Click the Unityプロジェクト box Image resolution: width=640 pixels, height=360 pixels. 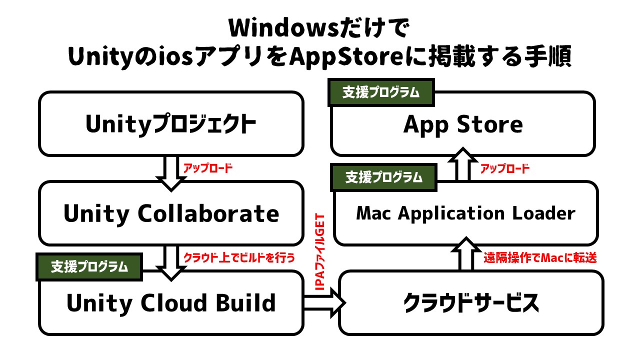171,124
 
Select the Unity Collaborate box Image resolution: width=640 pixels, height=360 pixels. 171,213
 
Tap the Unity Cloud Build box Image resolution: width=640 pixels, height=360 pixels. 171,303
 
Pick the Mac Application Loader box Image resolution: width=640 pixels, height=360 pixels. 465,213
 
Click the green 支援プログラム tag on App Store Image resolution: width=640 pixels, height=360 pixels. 380,93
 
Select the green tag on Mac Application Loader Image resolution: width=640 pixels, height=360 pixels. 383,177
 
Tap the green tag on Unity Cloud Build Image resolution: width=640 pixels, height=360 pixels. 89,266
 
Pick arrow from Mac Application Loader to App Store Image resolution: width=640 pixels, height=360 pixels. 462,165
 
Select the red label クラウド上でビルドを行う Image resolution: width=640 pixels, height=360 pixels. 239,258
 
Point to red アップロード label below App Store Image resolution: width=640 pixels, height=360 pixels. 504,169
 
